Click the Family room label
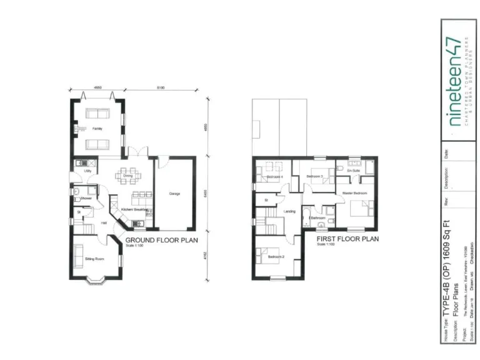click(x=97, y=129)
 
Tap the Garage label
click(x=174, y=194)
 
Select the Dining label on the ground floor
click(x=127, y=176)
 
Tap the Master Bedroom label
click(x=354, y=193)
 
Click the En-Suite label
click(x=353, y=170)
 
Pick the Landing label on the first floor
click(x=289, y=211)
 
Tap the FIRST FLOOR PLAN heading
click(x=347, y=239)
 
